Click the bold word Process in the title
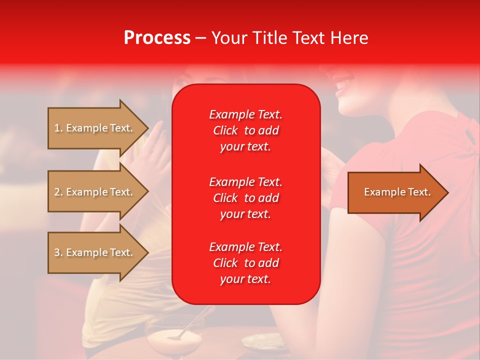(x=157, y=38)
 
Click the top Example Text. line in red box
(x=245, y=114)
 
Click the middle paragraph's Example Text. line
(x=245, y=181)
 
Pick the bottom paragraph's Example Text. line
(x=245, y=247)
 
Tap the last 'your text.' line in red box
(x=245, y=279)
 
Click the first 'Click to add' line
(x=245, y=130)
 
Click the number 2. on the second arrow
(x=58, y=192)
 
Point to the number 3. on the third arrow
(x=58, y=252)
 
